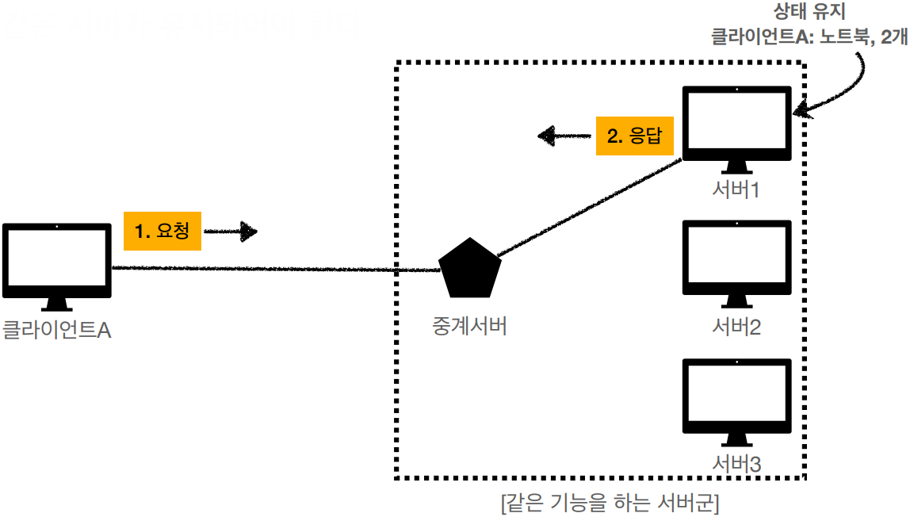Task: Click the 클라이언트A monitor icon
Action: tap(56, 261)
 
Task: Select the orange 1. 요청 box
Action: tap(162, 231)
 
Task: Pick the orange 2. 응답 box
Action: tap(634, 136)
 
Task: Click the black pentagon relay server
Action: tap(470, 267)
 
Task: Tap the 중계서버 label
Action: tap(469, 325)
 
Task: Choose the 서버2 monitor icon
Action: tap(737, 259)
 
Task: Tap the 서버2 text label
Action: tap(736, 326)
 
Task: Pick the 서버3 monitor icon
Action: tap(737, 398)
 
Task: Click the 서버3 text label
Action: tap(736, 464)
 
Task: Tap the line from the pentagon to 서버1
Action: tap(591, 207)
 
